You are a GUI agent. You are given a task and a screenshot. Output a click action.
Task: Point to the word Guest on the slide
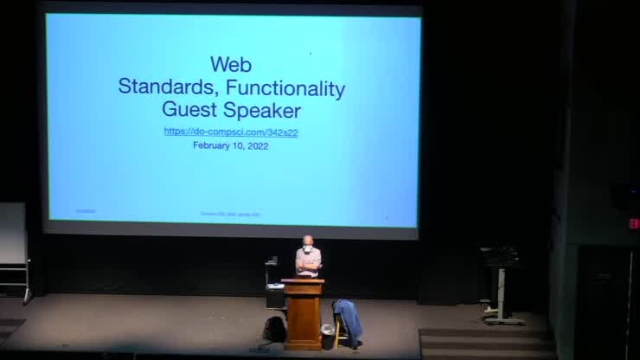(189, 110)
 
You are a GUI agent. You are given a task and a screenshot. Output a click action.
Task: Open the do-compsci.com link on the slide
(231, 132)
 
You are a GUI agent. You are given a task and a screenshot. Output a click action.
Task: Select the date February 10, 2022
(231, 145)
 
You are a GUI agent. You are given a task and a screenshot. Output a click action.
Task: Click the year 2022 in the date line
(257, 145)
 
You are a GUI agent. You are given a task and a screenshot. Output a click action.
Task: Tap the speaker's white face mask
(307, 248)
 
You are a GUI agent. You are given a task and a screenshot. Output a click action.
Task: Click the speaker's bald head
(307, 241)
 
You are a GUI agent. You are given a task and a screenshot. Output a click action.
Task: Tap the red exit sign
(633, 223)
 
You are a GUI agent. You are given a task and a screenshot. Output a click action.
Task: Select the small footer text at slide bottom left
(85, 210)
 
